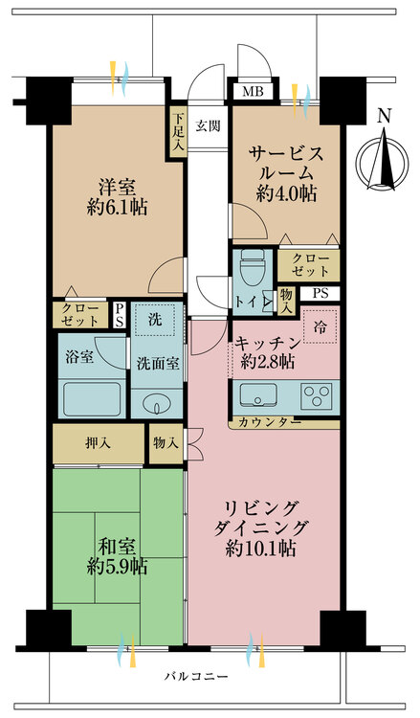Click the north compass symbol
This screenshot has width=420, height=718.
(385, 157)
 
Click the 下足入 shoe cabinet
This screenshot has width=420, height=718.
(178, 124)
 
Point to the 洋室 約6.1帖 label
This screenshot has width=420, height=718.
(112, 196)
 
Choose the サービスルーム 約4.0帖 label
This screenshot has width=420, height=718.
(285, 172)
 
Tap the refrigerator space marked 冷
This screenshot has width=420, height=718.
(319, 325)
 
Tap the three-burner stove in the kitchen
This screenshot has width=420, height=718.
(316, 393)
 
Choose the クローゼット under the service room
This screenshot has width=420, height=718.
(308, 266)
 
